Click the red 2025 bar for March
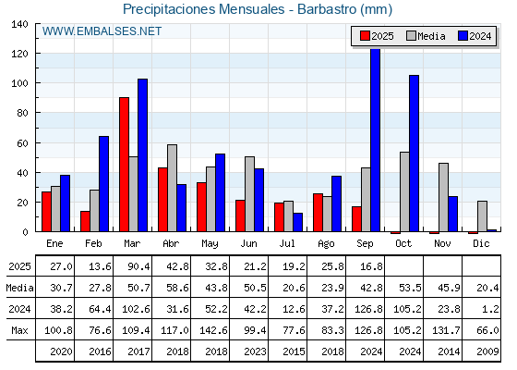pos(124,165)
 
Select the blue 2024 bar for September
pos(375,140)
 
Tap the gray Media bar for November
pos(443,197)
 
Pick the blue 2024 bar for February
pos(103,184)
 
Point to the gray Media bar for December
pos(482,216)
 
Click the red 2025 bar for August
pos(318,213)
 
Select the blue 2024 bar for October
pos(415,154)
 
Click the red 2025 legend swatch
pos(365,36)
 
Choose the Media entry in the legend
pos(426,36)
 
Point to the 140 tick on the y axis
pos(37,23)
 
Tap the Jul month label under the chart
pos(287,244)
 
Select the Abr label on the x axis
pos(171,244)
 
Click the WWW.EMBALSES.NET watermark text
pos(102,31)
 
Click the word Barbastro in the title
pos(327,9)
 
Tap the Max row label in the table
pos(19,330)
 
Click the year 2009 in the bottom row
pos(487,351)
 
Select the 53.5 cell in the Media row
pos(410,288)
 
